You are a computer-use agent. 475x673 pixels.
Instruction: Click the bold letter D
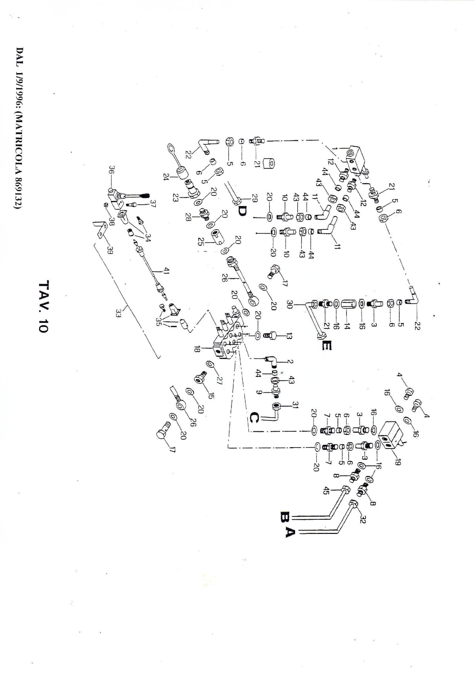point(243,211)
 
